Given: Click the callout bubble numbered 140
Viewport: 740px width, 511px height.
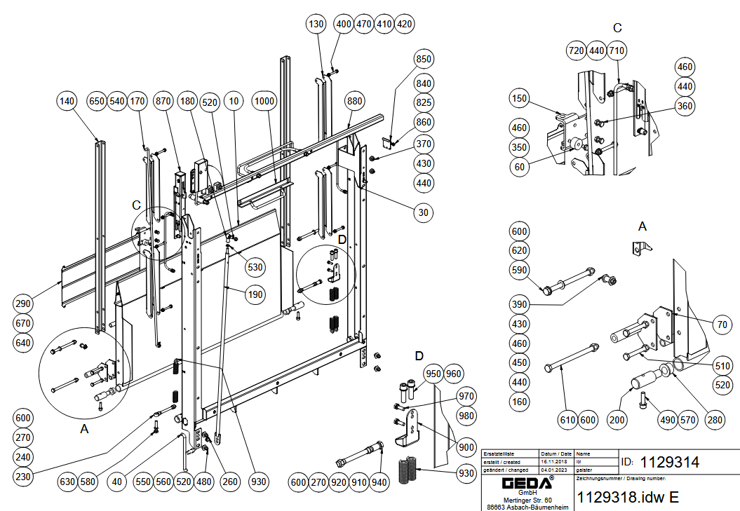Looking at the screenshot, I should [67, 102].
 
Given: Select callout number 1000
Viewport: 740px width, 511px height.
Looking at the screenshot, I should [264, 102].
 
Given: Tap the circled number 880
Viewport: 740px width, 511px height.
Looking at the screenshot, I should [356, 102].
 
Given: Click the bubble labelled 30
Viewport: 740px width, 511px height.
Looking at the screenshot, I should [424, 212].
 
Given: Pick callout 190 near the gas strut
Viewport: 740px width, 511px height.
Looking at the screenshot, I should [255, 294].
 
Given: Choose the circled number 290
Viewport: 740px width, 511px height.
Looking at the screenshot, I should [23, 304].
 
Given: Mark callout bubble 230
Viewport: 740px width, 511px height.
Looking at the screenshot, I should [23, 477].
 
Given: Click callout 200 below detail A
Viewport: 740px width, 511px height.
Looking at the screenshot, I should [617, 420].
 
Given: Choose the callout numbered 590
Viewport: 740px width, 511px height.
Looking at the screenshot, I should [520, 271].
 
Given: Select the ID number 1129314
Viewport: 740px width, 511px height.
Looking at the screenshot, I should [671, 462].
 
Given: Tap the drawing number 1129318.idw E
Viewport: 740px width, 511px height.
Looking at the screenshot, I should [628, 497].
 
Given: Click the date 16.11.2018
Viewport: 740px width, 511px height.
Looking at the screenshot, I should [553, 462].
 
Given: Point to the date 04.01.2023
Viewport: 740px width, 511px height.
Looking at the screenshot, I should [553, 470].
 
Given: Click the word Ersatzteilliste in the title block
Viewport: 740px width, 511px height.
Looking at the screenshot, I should [499, 454].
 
